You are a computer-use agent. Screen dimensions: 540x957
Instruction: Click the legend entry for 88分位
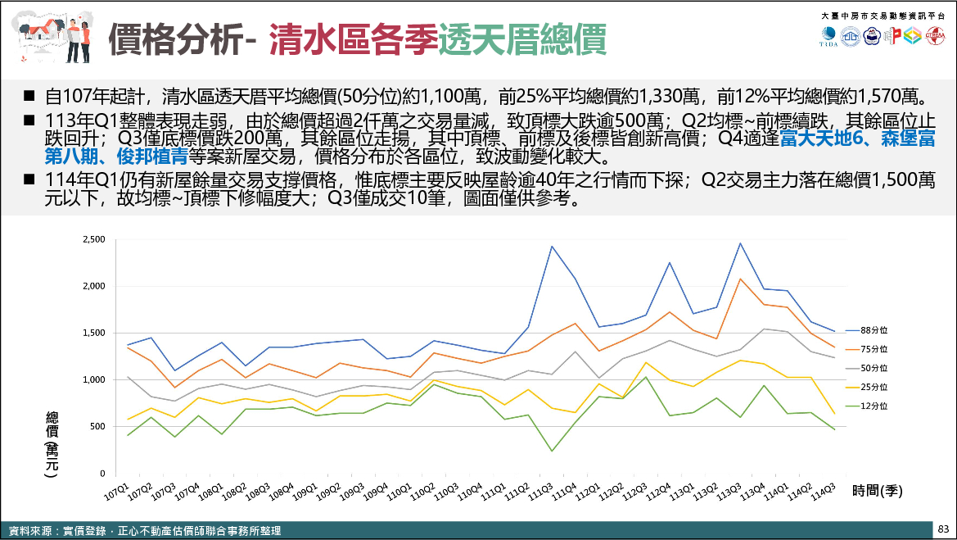[x=873, y=330]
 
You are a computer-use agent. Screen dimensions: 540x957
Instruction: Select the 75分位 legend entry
[x=873, y=350]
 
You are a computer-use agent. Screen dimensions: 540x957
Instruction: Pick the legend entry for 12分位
[x=873, y=406]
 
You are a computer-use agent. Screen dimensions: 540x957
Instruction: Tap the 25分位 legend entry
[x=873, y=387]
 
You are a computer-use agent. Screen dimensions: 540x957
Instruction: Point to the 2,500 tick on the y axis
[x=95, y=239]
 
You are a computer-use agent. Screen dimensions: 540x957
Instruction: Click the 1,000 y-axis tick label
[x=95, y=380]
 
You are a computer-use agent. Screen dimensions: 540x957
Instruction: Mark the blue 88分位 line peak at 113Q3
[x=740, y=243]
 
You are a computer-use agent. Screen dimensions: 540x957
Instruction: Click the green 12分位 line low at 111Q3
[x=551, y=451]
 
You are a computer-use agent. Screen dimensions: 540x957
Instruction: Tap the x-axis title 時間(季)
[x=877, y=491]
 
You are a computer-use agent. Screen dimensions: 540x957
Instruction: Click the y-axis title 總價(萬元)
[x=52, y=443]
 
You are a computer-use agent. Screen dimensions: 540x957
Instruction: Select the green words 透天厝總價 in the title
[x=521, y=39]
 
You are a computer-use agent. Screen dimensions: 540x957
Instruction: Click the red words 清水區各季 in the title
[x=353, y=39]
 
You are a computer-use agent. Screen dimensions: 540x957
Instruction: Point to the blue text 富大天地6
[x=826, y=138]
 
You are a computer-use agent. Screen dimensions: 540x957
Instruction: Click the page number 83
[x=943, y=529]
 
